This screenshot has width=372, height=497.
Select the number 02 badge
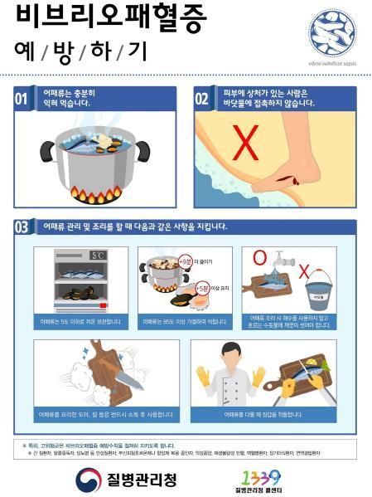pos(202,99)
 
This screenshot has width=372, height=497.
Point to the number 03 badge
pos(25,227)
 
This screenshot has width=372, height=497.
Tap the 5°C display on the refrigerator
pos(99,256)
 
